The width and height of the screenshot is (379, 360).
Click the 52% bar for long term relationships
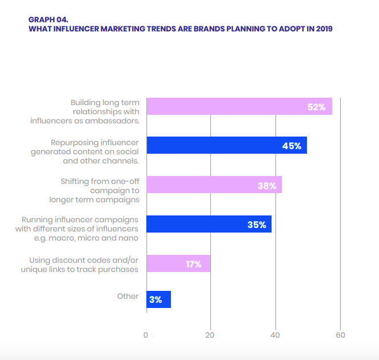[x=239, y=106]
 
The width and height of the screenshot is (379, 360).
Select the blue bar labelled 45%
[x=226, y=145]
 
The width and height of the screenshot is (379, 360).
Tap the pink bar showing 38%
[x=214, y=185]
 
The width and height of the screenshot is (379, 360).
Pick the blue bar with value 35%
[x=209, y=224]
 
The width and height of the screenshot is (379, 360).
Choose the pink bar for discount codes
[x=178, y=263]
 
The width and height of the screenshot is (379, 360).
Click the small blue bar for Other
[x=158, y=299]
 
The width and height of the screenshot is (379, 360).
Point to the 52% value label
[x=316, y=107]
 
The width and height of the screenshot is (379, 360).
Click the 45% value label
[x=292, y=146]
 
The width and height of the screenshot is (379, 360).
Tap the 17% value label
[x=193, y=264]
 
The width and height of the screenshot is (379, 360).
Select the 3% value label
[x=155, y=300]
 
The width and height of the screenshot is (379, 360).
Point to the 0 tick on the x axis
[x=146, y=335]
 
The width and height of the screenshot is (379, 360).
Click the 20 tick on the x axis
[x=210, y=335]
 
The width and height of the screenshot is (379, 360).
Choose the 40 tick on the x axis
[x=276, y=335]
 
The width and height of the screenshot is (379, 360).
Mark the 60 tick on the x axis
[x=341, y=335]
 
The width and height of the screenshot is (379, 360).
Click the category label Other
[x=128, y=296]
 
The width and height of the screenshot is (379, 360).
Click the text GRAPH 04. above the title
[x=48, y=19]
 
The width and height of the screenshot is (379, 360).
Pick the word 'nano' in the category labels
[x=127, y=238]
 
